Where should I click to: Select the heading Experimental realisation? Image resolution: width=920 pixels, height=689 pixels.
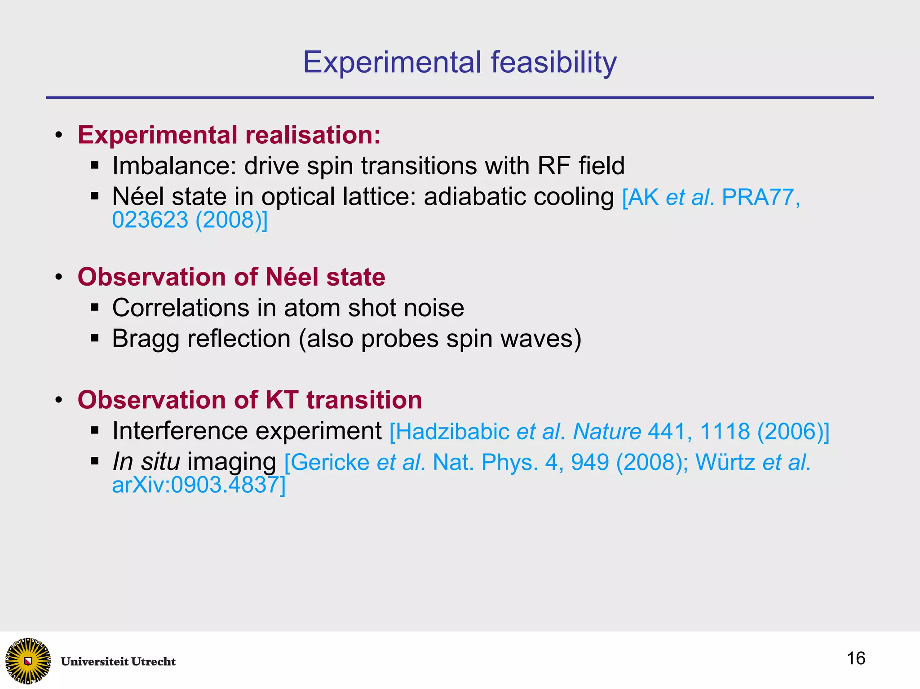229,135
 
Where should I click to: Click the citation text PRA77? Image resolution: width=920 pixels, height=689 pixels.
761,197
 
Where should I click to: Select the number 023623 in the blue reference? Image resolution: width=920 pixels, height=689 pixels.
150,220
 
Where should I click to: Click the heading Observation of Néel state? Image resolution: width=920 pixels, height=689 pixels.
231,277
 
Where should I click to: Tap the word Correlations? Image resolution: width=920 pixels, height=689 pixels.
180,308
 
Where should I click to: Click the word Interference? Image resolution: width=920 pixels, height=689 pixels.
180,431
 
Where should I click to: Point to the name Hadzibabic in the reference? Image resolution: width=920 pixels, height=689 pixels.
452,432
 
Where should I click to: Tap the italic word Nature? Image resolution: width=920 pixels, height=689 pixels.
607,432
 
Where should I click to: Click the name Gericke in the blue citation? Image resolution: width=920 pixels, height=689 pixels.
331,463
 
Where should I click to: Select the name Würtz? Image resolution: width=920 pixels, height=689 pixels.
725,463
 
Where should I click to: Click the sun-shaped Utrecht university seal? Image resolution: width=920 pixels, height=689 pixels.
28,661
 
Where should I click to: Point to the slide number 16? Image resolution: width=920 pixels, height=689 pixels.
856,658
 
